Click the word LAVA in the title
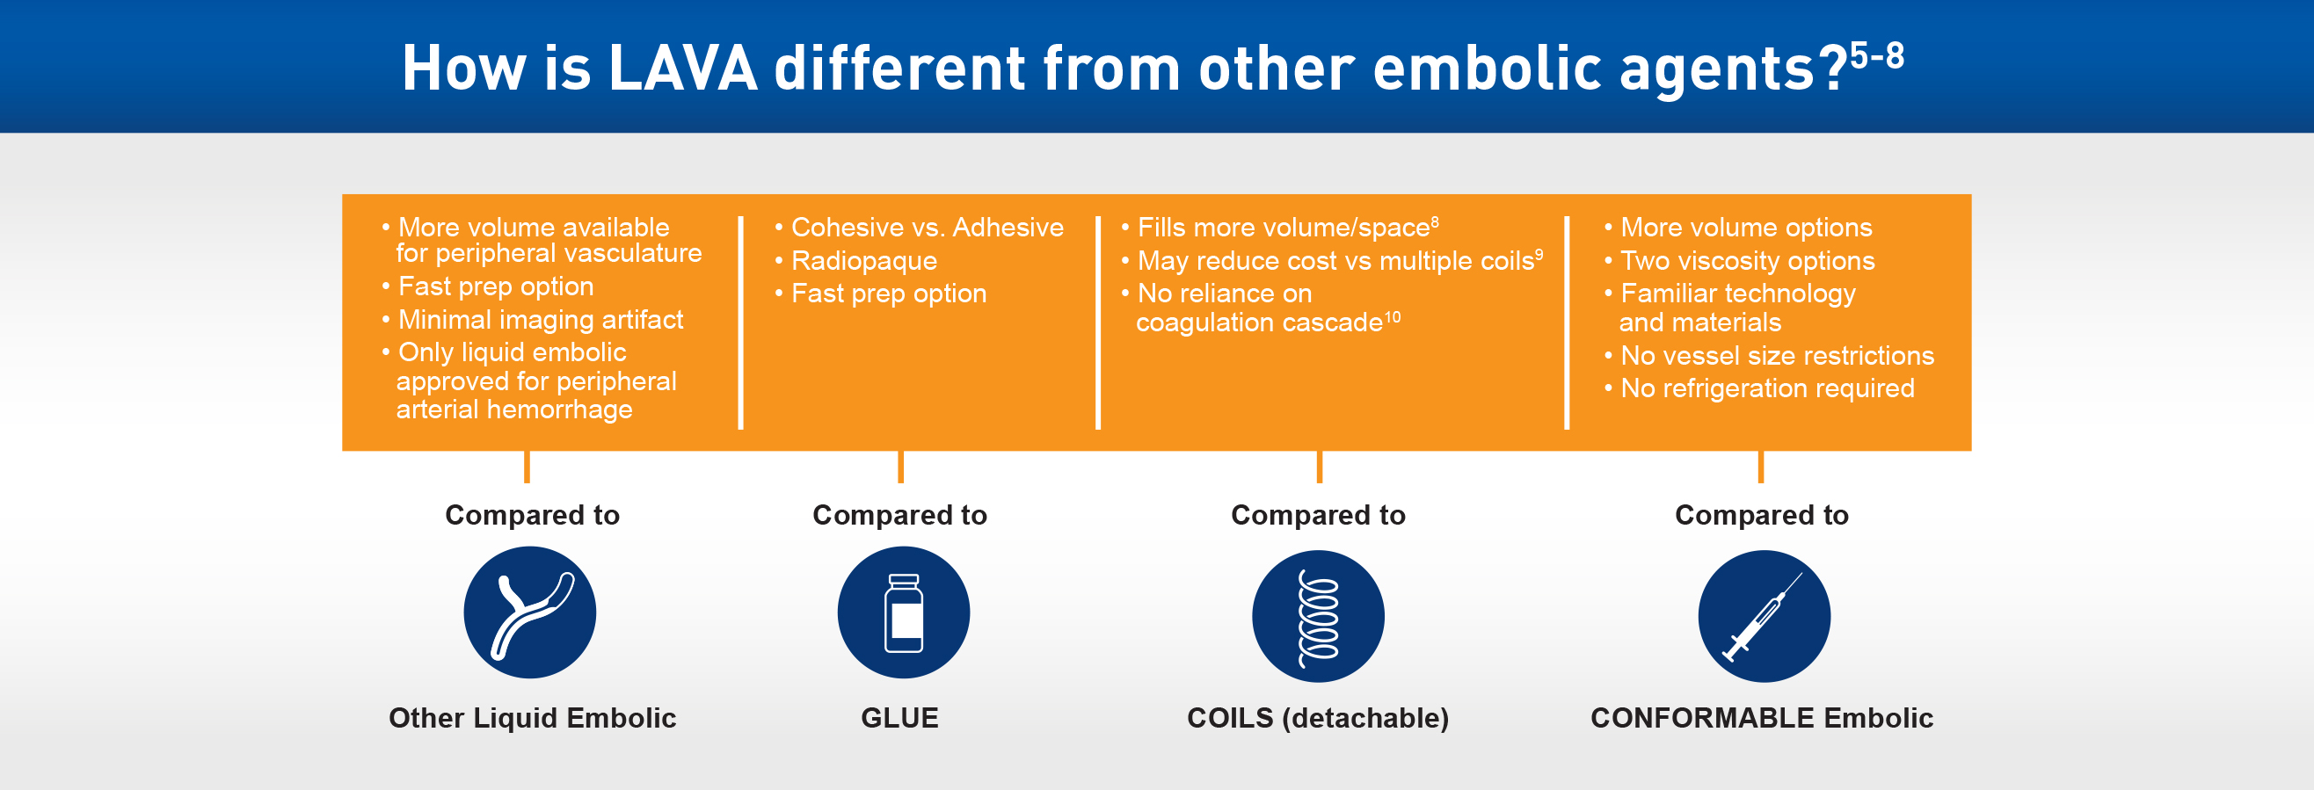(x=683, y=69)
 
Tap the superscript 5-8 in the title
(x=1875, y=55)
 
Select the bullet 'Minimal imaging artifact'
(x=540, y=320)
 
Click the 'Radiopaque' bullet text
(x=863, y=261)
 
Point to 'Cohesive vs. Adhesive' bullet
(x=926, y=228)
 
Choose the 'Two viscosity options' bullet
(x=1747, y=261)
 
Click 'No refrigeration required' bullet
(x=1767, y=388)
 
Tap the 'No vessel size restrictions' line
(x=1776, y=356)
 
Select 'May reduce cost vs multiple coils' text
(x=1335, y=261)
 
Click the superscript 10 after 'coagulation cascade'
(x=1393, y=317)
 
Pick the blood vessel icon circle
(x=530, y=613)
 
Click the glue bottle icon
(x=904, y=613)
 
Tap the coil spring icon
(x=1318, y=617)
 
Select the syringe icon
(x=1764, y=617)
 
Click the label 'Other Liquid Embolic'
(x=532, y=718)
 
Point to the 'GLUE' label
(x=899, y=718)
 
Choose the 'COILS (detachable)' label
(x=1318, y=718)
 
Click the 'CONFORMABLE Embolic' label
(x=1762, y=718)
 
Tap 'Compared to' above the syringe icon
(x=1762, y=515)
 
